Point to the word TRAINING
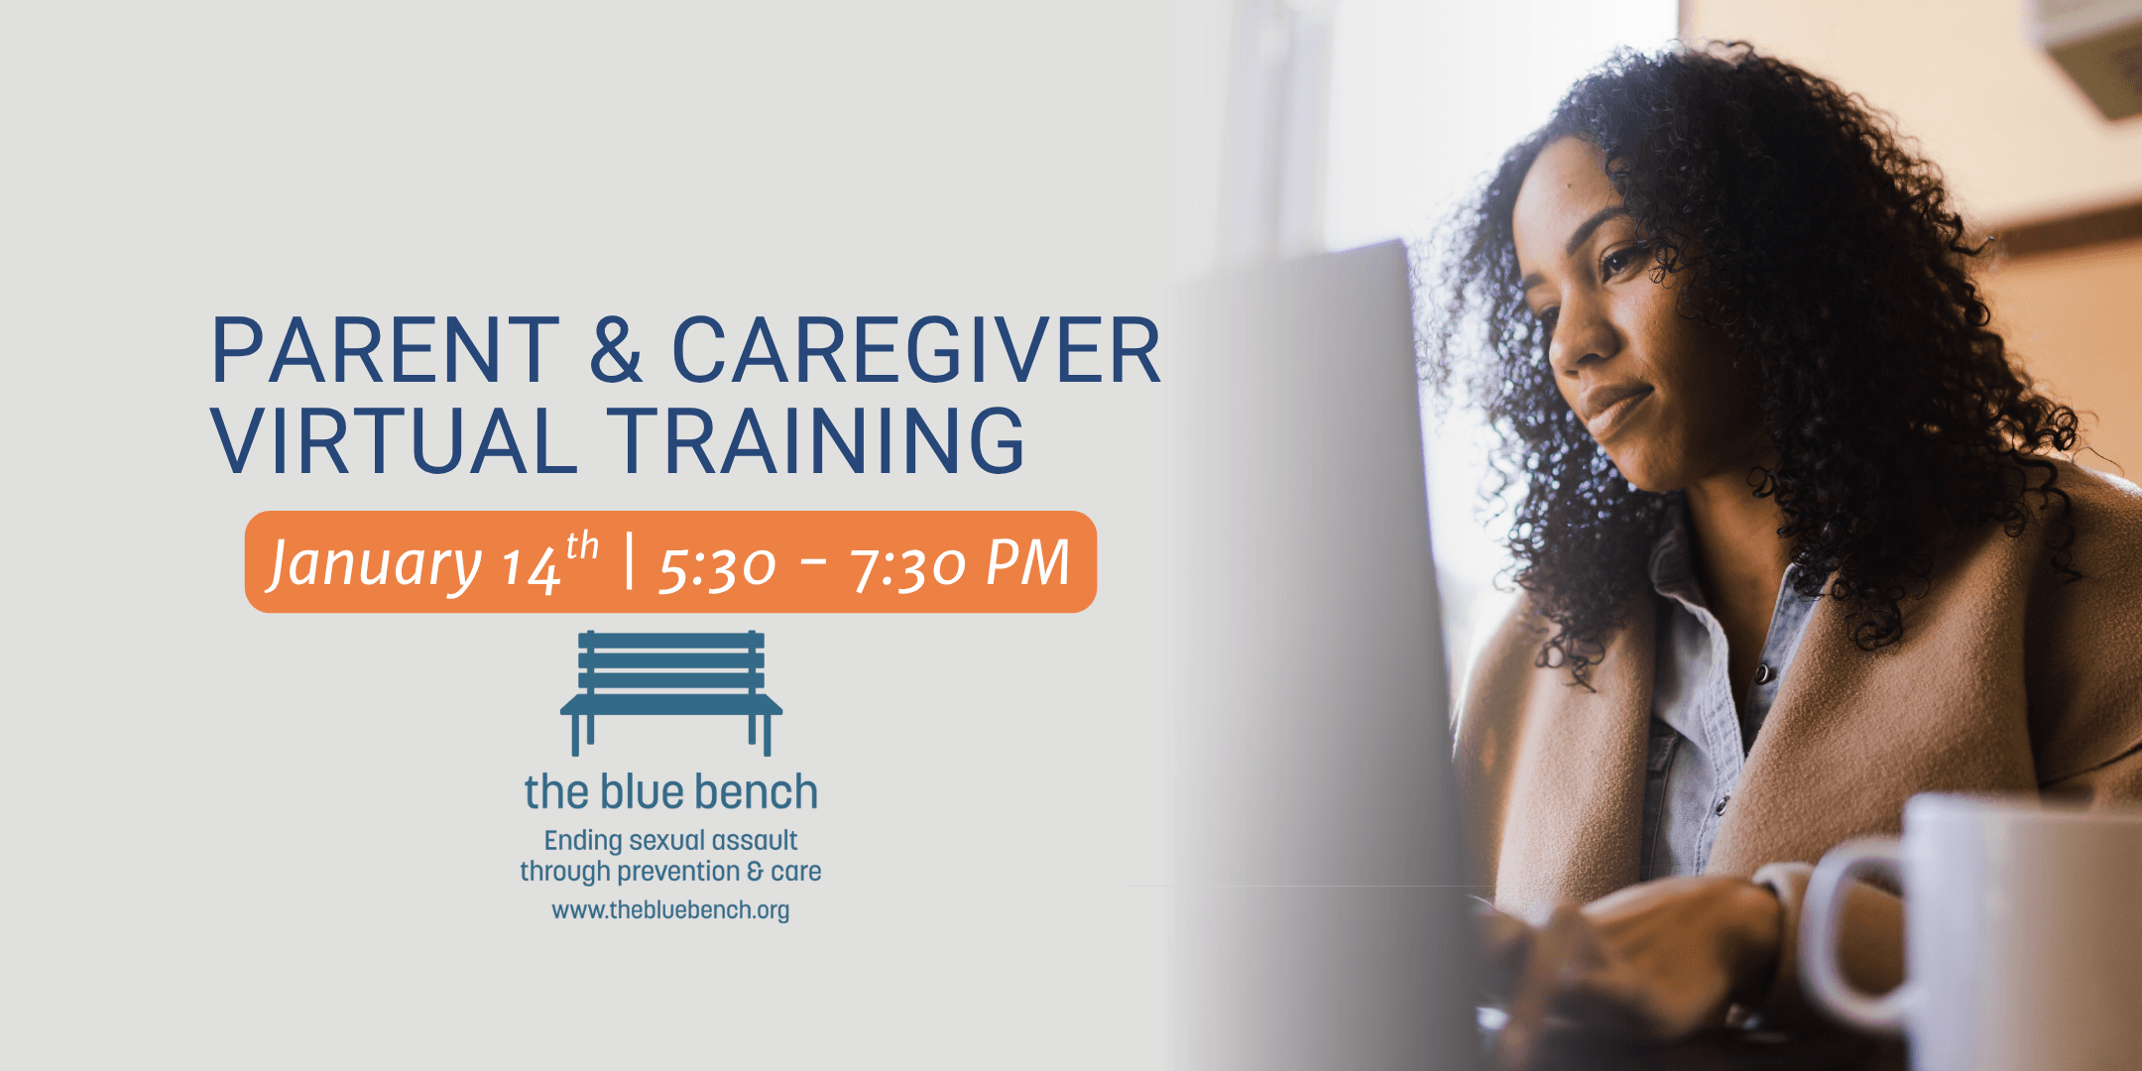[x=816, y=441]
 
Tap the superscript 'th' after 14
[x=582, y=546]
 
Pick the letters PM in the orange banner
[x=1027, y=563]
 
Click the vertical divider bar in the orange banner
[x=630, y=560]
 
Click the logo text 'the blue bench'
[x=671, y=792]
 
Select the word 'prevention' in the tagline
[x=679, y=872]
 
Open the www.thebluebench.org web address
[x=671, y=910]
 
